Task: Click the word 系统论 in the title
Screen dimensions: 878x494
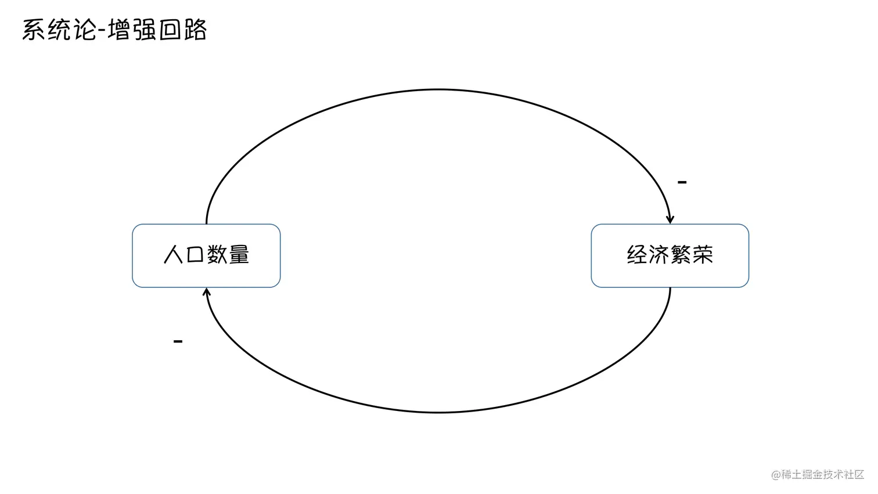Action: click(58, 30)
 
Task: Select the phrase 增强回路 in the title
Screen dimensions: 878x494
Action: click(157, 30)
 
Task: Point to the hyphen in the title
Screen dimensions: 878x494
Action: click(102, 31)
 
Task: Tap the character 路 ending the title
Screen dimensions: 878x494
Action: click(195, 30)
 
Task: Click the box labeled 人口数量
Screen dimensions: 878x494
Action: click(206, 255)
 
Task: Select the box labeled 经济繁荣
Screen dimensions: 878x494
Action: click(670, 255)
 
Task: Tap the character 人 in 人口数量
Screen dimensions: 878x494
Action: click(174, 255)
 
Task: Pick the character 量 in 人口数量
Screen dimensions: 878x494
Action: click(239, 255)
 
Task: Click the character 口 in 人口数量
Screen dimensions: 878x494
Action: click(195, 255)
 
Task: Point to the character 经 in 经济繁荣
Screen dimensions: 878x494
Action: click(637, 255)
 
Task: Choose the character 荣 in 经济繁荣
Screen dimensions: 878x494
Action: click(703, 255)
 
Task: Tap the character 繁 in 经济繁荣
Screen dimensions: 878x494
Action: click(681, 255)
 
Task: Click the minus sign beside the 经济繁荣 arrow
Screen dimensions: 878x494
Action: click(682, 182)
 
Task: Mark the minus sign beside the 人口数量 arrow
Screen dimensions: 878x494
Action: click(178, 341)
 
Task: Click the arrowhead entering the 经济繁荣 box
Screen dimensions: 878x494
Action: click(670, 219)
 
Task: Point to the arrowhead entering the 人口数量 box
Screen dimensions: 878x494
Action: click(206, 292)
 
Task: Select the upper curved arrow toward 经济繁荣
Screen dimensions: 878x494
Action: click(437, 90)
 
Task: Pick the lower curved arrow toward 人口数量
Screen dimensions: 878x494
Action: click(437, 412)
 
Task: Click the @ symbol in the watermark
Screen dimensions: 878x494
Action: click(776, 475)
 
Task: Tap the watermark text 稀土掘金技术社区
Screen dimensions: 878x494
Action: click(823, 475)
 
